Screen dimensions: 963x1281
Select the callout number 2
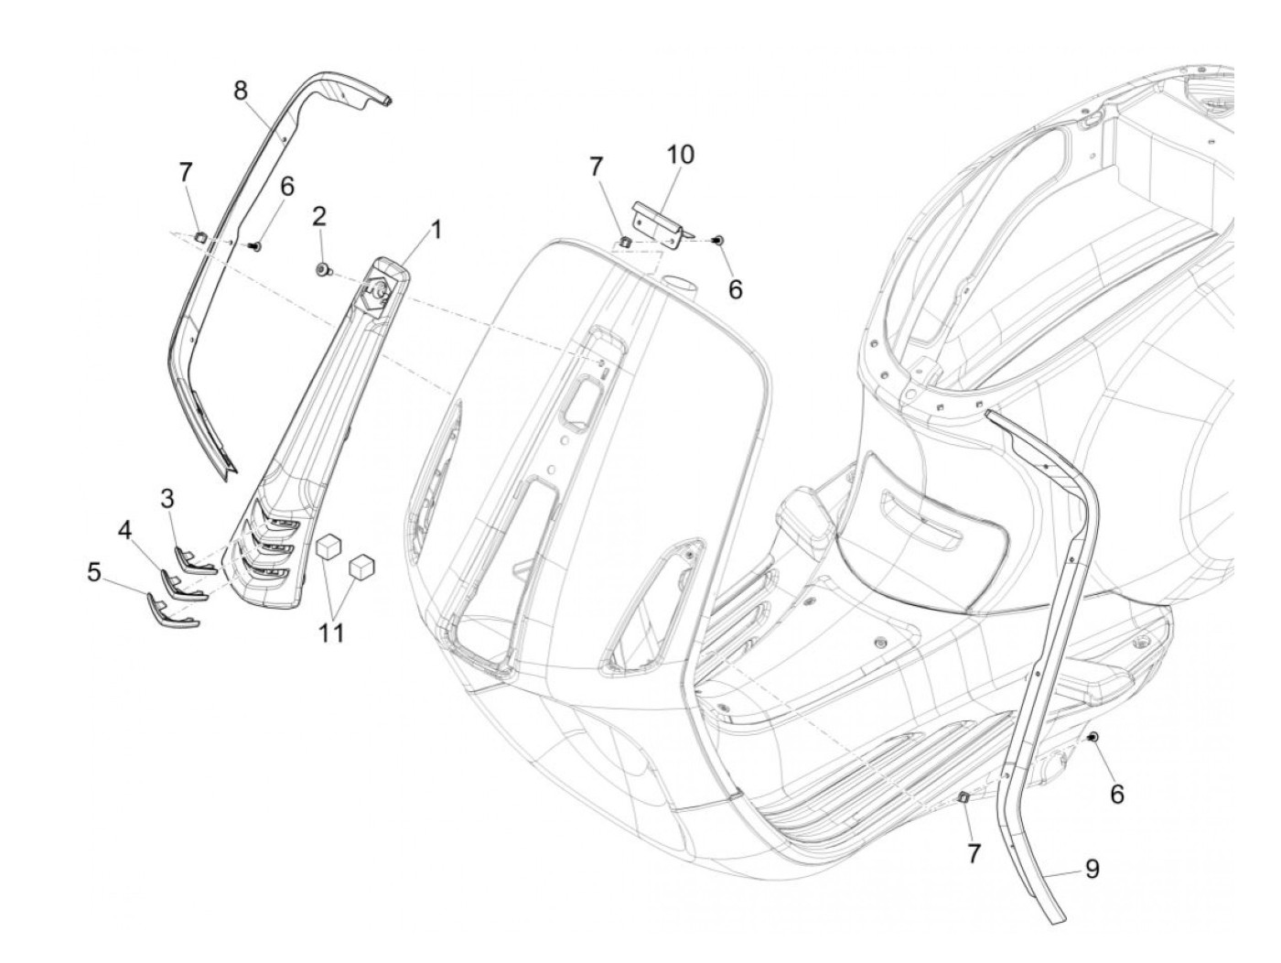(318, 216)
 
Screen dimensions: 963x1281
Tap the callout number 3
(167, 499)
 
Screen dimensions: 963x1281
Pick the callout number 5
(94, 572)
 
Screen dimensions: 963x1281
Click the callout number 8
(240, 90)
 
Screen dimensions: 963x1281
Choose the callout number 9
(1092, 869)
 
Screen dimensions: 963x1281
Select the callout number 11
(331, 632)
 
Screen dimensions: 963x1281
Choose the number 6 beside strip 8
(286, 186)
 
